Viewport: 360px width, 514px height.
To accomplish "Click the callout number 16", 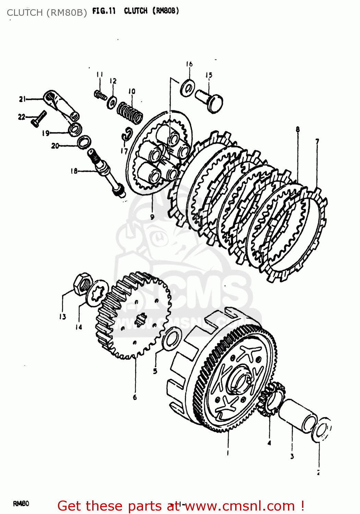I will pos(189,64).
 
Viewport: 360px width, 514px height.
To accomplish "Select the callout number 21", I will pos(22,99).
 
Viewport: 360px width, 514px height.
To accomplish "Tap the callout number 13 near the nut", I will pos(62,317).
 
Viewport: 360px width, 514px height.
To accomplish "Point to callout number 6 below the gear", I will pos(135,397).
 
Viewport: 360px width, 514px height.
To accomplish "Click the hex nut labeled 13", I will pos(82,283).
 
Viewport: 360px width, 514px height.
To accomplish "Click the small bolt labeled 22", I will pos(38,118).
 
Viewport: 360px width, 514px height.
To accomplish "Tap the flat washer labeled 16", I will pos(187,88).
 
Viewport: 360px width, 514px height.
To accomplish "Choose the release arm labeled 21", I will pos(62,105).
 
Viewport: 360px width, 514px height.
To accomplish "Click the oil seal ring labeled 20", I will pos(84,142).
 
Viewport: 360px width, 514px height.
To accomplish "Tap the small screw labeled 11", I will pos(100,95).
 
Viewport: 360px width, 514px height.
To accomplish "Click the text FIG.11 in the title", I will pos(104,11).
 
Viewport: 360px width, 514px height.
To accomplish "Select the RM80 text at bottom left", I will pos(21,503).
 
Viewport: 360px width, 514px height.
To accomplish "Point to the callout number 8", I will pos(298,129).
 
